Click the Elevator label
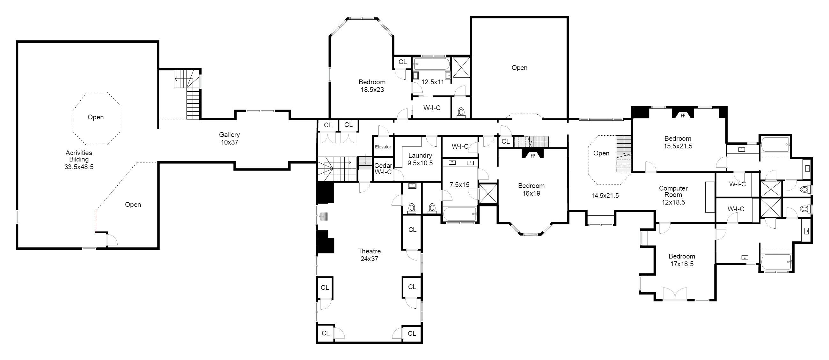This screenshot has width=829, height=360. pos(383,147)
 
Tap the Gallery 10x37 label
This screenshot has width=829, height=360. pos(230,139)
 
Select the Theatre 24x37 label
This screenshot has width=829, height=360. pos(369,255)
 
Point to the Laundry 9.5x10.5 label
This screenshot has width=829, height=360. pos(420,159)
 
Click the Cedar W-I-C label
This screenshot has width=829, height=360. pos(383,169)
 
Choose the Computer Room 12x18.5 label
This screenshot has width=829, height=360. pos(673,195)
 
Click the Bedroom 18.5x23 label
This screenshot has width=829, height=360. pos(372,86)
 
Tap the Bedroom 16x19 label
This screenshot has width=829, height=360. pos(531,189)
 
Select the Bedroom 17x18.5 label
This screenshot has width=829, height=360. pos(682,260)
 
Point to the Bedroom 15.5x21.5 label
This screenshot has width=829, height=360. pos(678,142)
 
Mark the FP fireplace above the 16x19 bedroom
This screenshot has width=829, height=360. pos(532,154)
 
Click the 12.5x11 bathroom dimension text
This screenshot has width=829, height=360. pos(433,82)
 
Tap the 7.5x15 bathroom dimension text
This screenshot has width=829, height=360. pos(459,185)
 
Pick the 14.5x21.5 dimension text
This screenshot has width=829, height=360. pos(605,195)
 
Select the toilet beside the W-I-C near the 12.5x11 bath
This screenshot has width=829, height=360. pos(461,112)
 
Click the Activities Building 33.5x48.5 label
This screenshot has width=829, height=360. pos(79,159)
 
